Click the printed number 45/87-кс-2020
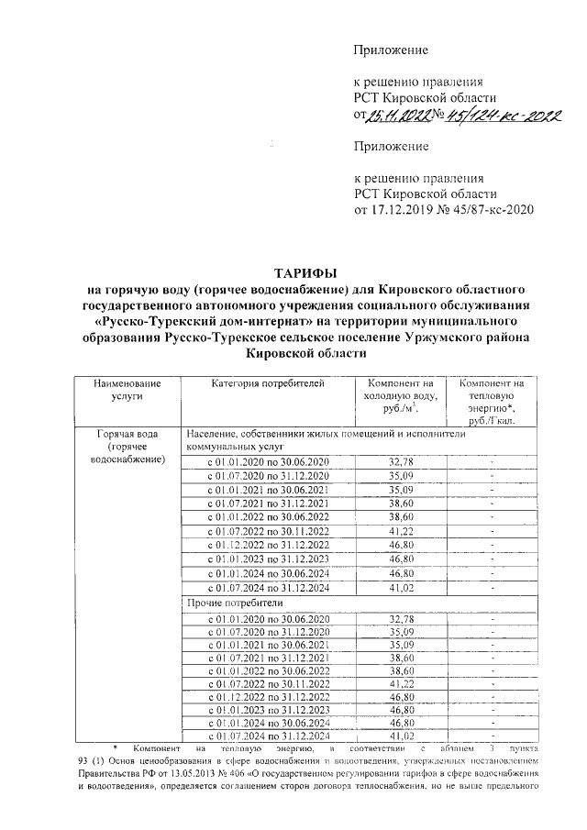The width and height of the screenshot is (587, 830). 488,210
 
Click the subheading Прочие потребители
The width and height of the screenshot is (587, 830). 229,604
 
